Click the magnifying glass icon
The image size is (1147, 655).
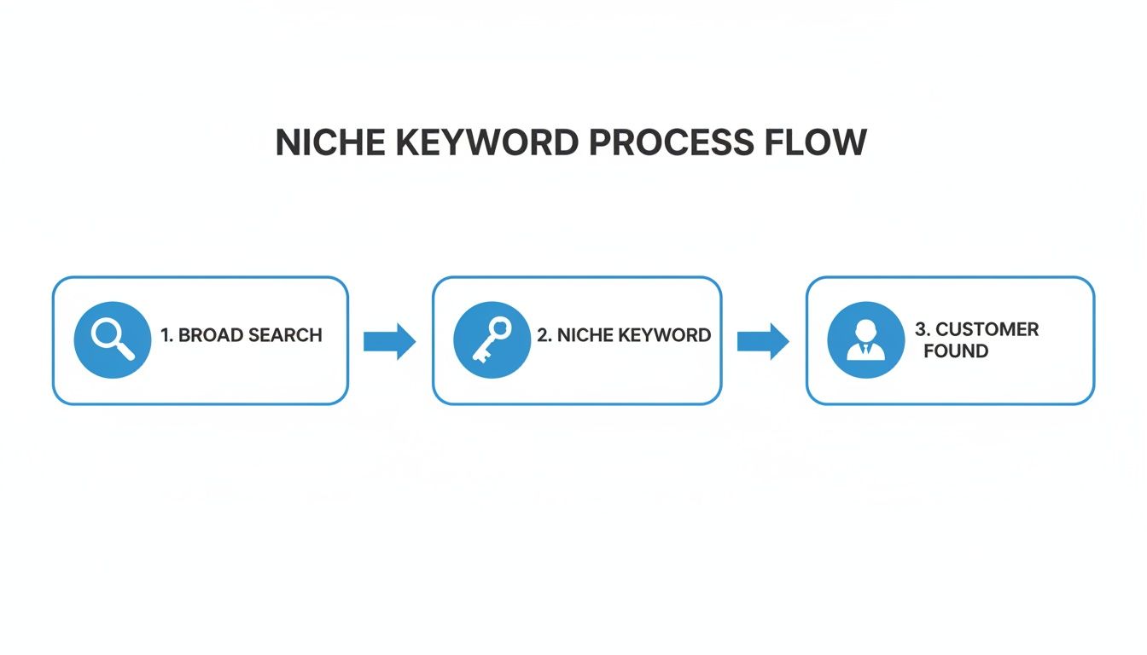[112, 339]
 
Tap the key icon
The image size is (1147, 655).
[491, 339]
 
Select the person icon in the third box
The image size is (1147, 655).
[865, 339]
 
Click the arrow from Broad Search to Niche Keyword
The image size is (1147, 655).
[389, 342]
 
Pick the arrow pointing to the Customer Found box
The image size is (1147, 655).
[763, 342]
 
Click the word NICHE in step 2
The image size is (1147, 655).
[585, 335]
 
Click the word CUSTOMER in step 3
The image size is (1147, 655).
[987, 329]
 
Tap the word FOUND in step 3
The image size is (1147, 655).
[956, 351]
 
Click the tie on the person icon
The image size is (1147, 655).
[865, 350]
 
